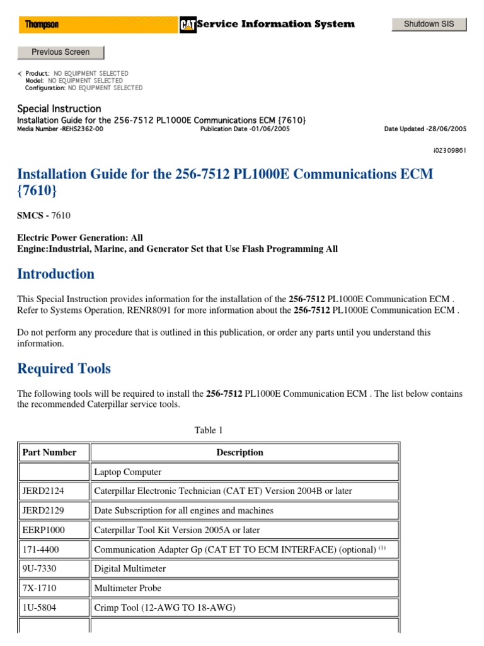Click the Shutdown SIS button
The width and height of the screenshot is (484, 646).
pos(429,25)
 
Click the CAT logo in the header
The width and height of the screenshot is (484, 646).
pos(187,25)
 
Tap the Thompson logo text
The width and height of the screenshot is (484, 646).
pos(42,25)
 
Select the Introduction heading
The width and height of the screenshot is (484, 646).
pos(55,274)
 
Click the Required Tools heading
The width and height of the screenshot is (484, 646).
pos(64,368)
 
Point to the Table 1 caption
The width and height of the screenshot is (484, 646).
pos(209,430)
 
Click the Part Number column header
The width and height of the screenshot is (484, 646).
pos(49,452)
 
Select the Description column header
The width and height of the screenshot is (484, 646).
pos(239,452)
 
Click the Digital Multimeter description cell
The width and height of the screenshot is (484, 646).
pos(130,569)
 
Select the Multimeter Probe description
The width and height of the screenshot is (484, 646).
pos(127,588)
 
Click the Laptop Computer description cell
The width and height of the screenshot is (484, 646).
pos(127,472)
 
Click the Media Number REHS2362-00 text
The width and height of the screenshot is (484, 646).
pos(60,129)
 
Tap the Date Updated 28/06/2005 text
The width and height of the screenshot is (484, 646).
pos(425,129)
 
